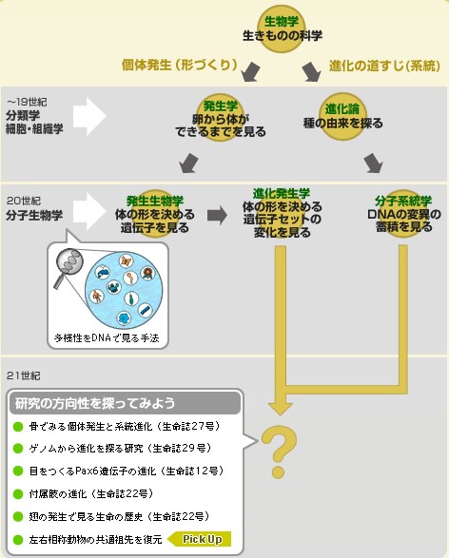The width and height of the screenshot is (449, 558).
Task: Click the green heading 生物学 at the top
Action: click(281, 21)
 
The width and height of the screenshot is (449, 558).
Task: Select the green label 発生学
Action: click(220, 106)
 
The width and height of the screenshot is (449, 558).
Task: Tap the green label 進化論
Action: click(342, 109)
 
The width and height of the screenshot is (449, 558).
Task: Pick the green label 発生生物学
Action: click(155, 202)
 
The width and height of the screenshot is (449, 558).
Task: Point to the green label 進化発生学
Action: click(282, 193)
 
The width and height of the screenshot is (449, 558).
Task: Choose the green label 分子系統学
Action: click(403, 202)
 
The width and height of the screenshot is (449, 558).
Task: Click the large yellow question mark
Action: click(279, 452)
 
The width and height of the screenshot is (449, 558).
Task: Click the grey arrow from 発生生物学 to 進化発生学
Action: click(217, 215)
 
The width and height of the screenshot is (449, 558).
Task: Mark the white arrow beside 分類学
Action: click(89, 116)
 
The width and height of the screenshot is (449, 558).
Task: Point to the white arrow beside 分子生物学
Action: click(89, 211)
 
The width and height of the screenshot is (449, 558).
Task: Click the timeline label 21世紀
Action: click(24, 375)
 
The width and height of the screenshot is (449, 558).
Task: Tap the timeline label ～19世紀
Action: click(27, 102)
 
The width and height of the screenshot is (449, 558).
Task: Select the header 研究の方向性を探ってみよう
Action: click(95, 403)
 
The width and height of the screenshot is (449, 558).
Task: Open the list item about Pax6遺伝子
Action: click(127, 471)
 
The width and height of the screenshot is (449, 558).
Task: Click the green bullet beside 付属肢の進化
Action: click(18, 494)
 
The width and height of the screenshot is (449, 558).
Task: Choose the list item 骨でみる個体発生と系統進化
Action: click(125, 426)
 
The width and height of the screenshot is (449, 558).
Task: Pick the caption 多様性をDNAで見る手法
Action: click(107, 337)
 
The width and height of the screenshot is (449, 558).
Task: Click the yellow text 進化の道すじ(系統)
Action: click(384, 66)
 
